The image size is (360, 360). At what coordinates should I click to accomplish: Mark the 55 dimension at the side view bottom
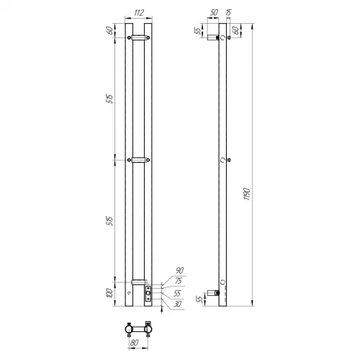pos(199,299)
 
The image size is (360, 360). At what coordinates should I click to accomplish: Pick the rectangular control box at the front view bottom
pos(148,292)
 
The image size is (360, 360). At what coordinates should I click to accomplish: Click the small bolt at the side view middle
pos(228,160)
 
